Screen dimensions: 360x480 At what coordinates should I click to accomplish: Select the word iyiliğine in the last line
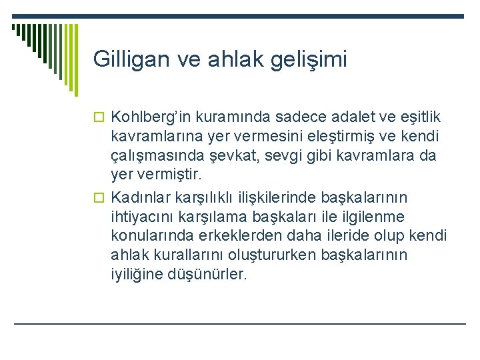pos(135,274)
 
